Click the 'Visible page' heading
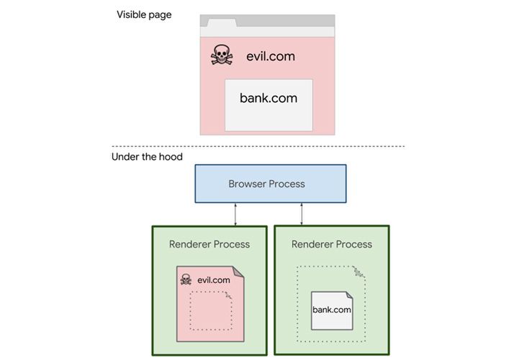tap(144, 14)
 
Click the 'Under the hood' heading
tap(147, 156)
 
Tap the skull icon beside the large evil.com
tap(221, 55)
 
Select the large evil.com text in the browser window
tap(270, 56)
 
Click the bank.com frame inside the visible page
tap(268, 104)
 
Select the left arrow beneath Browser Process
tap(236, 214)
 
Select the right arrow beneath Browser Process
tap(301, 214)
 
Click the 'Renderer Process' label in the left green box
tap(209, 244)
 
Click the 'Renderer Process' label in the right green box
tap(332, 244)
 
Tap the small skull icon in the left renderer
tap(186, 279)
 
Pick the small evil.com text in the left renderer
tap(214, 280)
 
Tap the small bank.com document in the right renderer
tap(332, 310)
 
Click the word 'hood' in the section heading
tap(171, 156)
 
